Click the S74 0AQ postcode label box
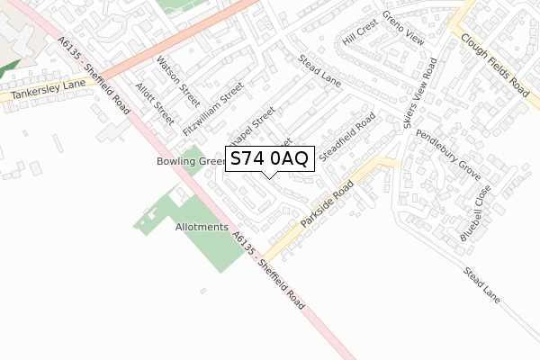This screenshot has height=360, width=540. (x=270, y=159)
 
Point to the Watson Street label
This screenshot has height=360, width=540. (x=178, y=78)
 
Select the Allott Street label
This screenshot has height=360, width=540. (x=154, y=103)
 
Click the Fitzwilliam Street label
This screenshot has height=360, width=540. (x=213, y=109)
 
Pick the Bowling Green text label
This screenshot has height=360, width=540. (x=188, y=162)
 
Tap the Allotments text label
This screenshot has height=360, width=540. (x=202, y=228)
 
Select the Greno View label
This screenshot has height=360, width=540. (x=402, y=30)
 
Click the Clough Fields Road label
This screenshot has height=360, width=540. (x=494, y=66)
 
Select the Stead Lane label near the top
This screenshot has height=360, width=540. (x=320, y=72)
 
